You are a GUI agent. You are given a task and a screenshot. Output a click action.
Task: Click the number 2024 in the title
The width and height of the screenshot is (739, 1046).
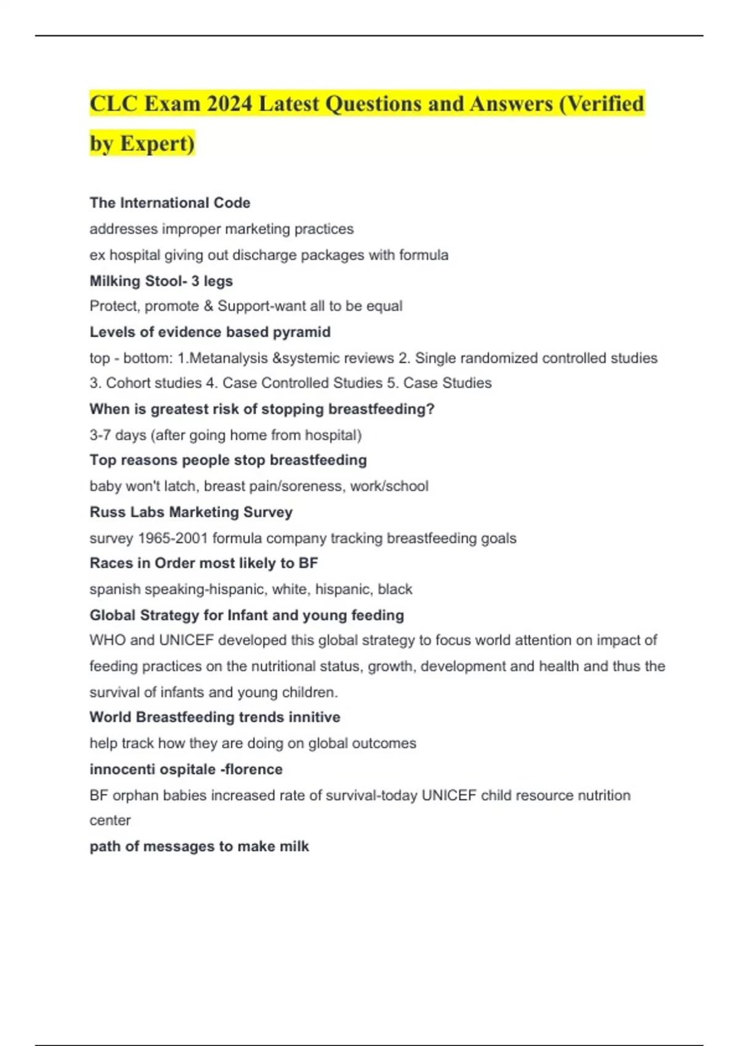pyautogui.click(x=230, y=103)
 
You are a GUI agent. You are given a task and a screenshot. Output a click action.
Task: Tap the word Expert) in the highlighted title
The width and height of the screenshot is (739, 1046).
pyautogui.click(x=158, y=143)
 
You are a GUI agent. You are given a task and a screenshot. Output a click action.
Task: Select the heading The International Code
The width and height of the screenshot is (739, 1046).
pyautogui.click(x=170, y=203)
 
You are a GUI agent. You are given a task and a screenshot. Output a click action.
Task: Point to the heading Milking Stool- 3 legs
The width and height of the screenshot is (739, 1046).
pyautogui.click(x=161, y=281)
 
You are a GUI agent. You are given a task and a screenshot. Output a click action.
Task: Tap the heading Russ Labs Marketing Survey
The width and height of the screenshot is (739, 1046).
pyautogui.click(x=191, y=512)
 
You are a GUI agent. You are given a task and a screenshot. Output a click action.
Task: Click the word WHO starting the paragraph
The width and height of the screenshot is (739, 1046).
pyautogui.click(x=107, y=641)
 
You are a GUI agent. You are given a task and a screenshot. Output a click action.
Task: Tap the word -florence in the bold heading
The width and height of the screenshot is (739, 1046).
pyautogui.click(x=253, y=769)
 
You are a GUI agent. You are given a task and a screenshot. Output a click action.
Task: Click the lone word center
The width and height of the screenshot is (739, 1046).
pyautogui.click(x=110, y=821)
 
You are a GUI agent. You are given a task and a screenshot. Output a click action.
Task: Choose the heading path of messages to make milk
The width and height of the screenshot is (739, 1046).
pyautogui.click(x=199, y=847)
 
